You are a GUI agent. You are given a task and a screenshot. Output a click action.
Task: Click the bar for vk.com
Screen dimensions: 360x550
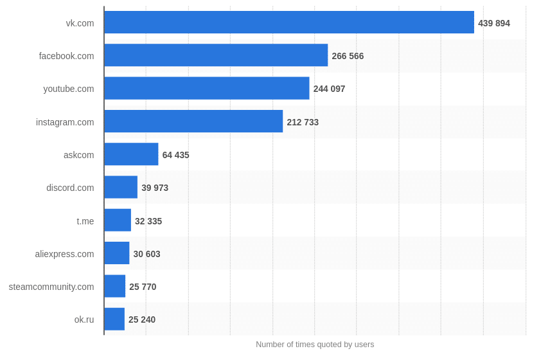289,22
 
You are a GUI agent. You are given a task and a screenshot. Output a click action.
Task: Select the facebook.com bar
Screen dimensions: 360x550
216,55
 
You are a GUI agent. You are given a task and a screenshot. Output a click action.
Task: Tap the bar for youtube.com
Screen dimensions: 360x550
207,88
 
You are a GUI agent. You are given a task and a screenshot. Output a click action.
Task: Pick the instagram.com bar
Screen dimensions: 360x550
193,122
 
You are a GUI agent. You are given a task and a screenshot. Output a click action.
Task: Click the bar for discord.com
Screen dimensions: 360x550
121,187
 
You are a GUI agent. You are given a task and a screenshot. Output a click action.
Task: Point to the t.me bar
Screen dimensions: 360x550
118,220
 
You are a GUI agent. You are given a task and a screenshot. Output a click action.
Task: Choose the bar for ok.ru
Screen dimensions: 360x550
114,319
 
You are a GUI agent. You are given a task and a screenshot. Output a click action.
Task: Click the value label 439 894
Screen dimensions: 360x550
493,23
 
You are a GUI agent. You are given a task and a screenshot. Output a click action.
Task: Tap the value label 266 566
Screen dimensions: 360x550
348,56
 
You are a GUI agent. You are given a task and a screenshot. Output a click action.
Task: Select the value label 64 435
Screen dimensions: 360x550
175,155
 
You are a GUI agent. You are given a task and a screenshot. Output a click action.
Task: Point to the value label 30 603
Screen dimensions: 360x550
146,254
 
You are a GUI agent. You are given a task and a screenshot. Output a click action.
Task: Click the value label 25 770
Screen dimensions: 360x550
143,287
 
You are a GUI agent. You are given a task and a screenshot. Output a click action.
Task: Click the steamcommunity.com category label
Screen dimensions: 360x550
51,287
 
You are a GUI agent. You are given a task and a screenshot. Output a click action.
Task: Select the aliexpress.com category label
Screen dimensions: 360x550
64,254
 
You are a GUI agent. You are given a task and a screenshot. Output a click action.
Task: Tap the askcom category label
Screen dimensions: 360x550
78,155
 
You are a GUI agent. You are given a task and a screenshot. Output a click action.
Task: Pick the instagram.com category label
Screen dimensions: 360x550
65,122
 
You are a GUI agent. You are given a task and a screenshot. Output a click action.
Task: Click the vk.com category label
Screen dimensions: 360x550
80,23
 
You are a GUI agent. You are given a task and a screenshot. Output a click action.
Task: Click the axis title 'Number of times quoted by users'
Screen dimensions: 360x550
315,345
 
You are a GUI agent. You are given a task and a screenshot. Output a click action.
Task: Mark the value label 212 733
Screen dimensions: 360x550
303,122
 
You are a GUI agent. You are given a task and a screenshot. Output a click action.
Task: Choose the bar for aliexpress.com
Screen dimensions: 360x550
117,253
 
